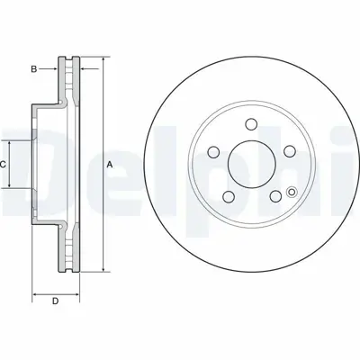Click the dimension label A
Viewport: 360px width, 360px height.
(110, 165)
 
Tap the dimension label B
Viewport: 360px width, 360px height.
(34, 67)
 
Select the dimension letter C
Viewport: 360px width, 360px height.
(4, 165)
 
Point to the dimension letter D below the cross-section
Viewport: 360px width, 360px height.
(55, 301)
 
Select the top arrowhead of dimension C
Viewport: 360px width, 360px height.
(13, 142)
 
